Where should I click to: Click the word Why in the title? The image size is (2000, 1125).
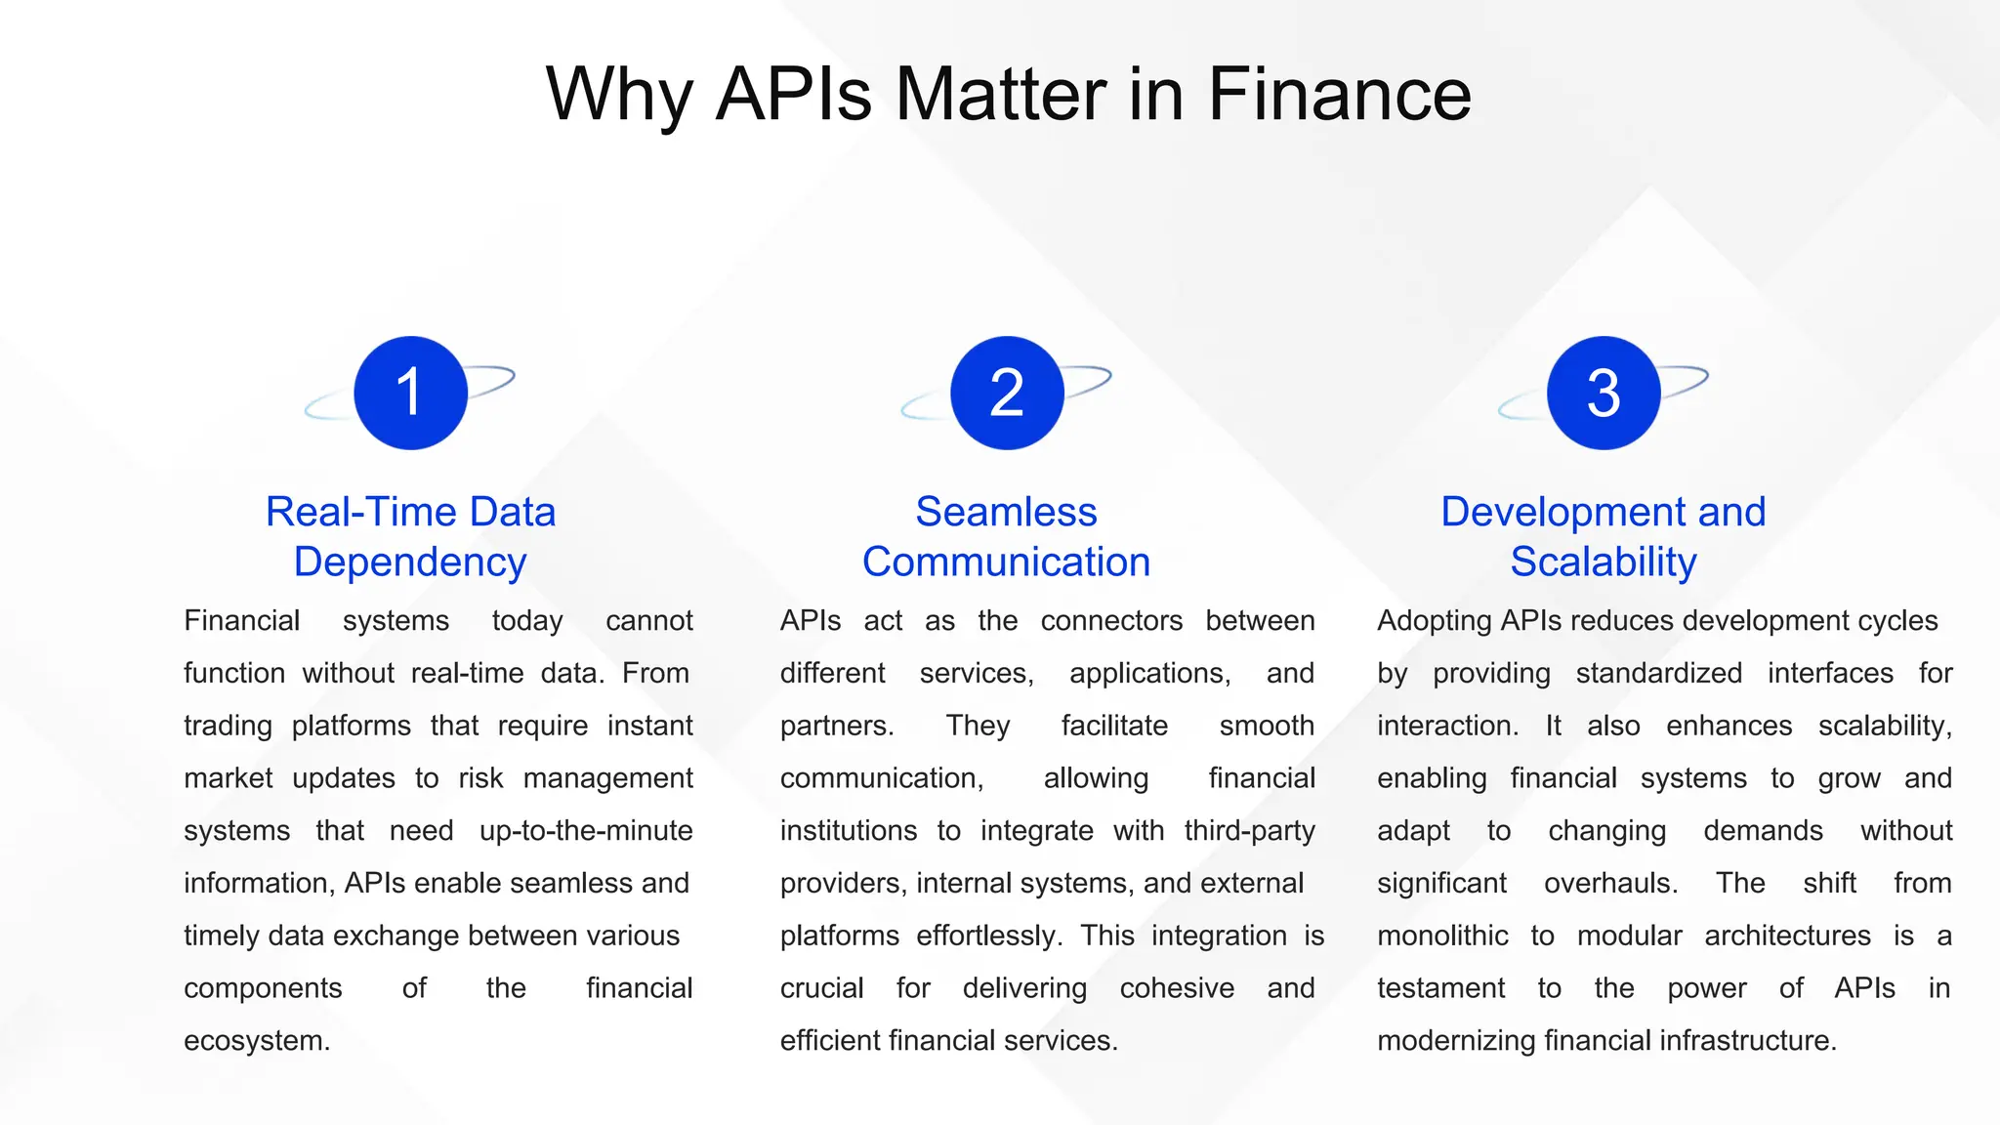tap(619, 96)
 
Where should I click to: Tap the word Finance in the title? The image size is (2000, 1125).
tap(1339, 94)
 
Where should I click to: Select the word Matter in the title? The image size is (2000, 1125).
tap(1000, 94)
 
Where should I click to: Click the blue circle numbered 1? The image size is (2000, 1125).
tap(410, 393)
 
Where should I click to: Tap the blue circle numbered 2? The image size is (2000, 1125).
tap(1007, 393)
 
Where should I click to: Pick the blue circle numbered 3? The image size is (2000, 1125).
tap(1604, 393)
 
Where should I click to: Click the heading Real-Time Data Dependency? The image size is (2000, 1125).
tap(410, 537)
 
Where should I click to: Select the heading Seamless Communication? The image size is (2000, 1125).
tap(1007, 537)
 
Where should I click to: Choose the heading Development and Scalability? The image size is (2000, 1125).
tap(1604, 537)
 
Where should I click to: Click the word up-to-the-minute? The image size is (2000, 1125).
tap(586, 831)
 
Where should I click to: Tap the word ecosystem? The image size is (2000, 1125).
tap(256, 1041)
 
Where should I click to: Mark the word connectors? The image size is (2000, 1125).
tap(1111, 621)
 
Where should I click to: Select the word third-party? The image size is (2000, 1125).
tap(1249, 831)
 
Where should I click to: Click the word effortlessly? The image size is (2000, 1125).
tap(988, 937)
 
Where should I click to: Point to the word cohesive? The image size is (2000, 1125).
tap(1177, 988)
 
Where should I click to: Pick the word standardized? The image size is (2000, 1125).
tap(1658, 674)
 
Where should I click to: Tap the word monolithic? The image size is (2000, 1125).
tap(1442, 937)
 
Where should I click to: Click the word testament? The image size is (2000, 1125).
tap(1440, 988)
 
